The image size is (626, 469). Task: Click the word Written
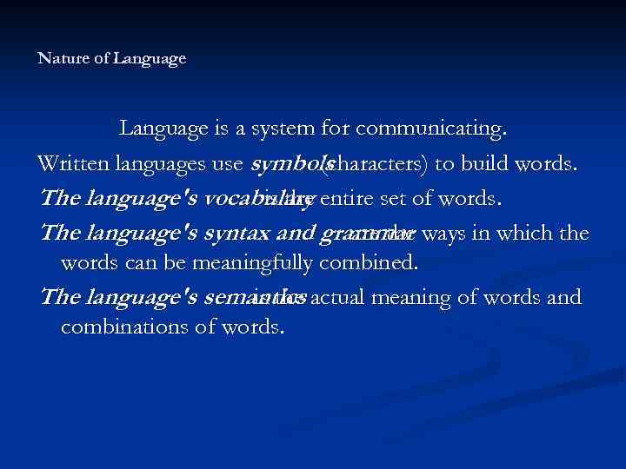click(x=72, y=165)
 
